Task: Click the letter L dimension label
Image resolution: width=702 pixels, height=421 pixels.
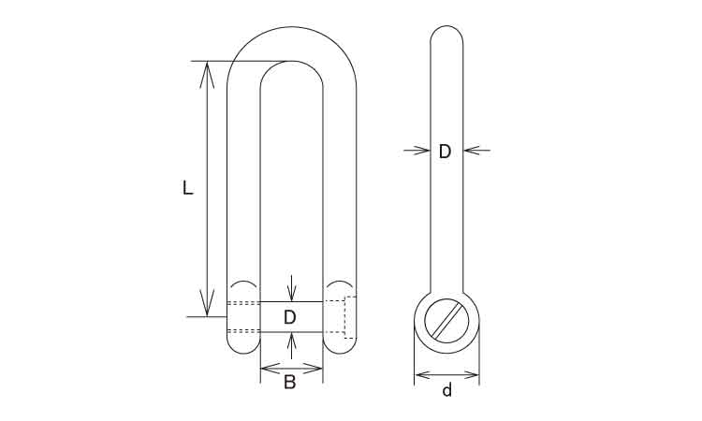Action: [187, 188]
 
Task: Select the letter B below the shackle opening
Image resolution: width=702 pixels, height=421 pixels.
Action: [290, 382]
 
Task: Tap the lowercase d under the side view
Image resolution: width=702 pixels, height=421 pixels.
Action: [446, 390]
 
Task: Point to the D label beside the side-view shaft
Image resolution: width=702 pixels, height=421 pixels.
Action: [446, 151]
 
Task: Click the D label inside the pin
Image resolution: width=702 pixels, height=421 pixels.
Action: [290, 317]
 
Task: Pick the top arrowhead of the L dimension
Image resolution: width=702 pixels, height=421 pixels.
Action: [205, 70]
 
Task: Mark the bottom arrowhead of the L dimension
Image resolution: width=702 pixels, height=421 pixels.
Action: [205, 308]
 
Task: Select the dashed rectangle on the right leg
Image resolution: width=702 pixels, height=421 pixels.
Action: [351, 316]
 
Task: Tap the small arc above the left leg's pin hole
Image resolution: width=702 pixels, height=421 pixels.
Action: [243, 283]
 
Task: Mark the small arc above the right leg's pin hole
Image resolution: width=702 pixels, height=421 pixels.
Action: [340, 283]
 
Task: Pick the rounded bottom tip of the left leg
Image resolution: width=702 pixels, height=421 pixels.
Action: [243, 348]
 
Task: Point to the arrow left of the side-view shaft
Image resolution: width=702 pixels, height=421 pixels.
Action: [416, 149]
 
